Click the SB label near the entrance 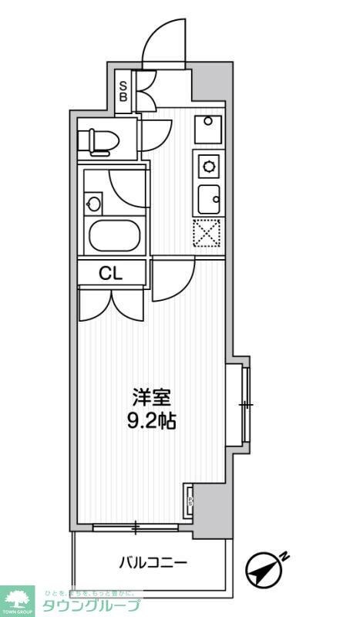point(123,92)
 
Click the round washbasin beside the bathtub point(94,204)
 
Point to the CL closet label point(110,272)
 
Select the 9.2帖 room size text point(150,422)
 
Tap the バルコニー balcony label point(152,562)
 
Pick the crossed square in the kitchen point(207,234)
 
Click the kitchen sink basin point(208,199)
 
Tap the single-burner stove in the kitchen point(208,164)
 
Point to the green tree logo point(19,598)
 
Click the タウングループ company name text point(91,605)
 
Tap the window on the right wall point(246,404)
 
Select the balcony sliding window point(137,528)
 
